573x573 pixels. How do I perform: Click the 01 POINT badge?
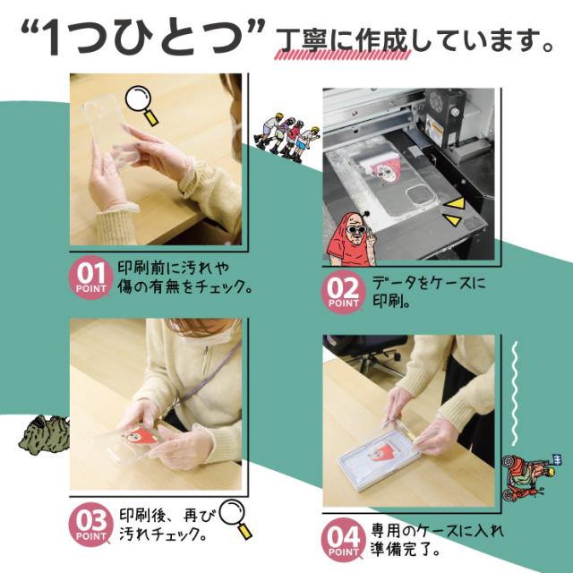pos(91,278)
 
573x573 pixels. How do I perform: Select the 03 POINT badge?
pos(91,525)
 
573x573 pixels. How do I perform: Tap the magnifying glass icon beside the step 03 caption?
pos(235,517)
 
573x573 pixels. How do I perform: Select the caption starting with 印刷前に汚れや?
pos(184,278)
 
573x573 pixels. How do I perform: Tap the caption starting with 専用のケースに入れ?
pos(430,540)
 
